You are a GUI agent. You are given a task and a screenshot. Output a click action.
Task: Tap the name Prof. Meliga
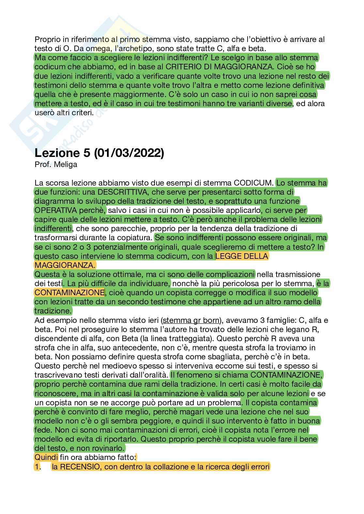pyautogui.click(x=56, y=164)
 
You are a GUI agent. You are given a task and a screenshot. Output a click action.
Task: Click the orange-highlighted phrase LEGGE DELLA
pyautogui.click(x=242, y=256)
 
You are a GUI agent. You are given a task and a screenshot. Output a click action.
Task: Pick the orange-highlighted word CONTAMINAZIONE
pyautogui.click(x=69, y=292)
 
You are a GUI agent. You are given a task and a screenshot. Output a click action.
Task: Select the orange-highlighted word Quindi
pyautogui.click(x=46, y=458)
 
